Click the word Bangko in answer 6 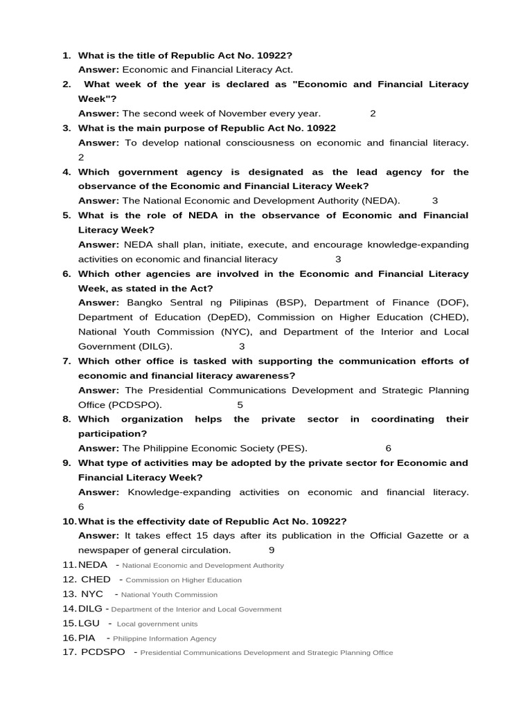[x=145, y=303]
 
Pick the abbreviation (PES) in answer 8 [x=291, y=448]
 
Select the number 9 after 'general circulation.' [x=272, y=550]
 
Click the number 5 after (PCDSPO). [x=240, y=404]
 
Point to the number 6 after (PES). [x=389, y=448]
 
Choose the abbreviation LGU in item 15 [x=89, y=623]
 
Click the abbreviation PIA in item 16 [x=87, y=638]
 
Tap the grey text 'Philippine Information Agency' [x=164, y=638]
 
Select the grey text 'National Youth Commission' [x=168, y=595]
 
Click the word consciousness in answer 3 [x=265, y=143]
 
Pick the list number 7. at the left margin [x=67, y=361]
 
